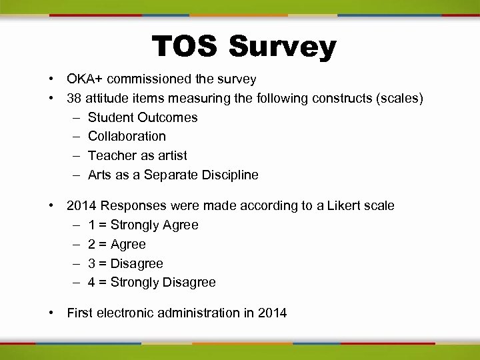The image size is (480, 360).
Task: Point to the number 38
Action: coord(75,99)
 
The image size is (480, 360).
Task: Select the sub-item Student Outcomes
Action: coord(143,118)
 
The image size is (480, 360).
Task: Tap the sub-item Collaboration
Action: coord(127,137)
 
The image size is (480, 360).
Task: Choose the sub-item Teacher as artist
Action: coord(137,156)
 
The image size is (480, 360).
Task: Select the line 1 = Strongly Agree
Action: coord(143,225)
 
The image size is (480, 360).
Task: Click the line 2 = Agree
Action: coord(117,245)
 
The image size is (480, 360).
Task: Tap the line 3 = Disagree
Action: coord(125,264)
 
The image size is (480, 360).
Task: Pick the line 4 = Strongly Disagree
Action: coord(151,283)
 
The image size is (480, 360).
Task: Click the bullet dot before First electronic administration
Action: coord(51,313)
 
